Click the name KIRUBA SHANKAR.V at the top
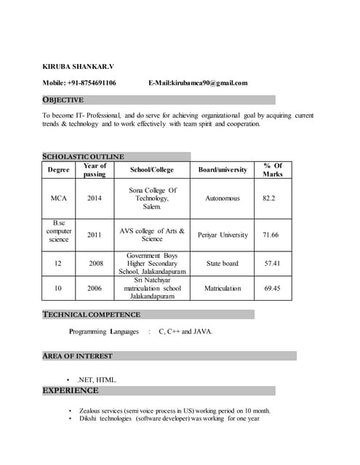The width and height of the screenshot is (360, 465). [x=78, y=66]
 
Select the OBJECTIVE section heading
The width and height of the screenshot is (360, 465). [x=63, y=100]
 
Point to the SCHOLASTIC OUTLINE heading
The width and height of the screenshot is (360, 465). [x=84, y=156]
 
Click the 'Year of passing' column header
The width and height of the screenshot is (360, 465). [x=95, y=170]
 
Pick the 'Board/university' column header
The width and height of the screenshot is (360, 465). [x=223, y=170]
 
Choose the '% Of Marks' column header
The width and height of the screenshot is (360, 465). [x=273, y=170]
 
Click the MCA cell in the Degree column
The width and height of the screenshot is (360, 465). [x=59, y=198]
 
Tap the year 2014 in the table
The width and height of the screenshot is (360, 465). [x=95, y=198]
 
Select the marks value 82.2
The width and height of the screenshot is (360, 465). [x=269, y=198]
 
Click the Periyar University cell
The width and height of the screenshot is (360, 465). [x=223, y=235]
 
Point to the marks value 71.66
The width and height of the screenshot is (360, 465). [x=271, y=235]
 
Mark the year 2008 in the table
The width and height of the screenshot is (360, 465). [x=95, y=263]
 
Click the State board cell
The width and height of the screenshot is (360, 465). [x=222, y=263]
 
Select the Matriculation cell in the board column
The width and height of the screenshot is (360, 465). [x=223, y=288]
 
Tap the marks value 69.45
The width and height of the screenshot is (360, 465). [x=272, y=288]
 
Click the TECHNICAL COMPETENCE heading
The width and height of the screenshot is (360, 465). [x=92, y=315]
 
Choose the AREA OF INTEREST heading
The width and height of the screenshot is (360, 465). [x=78, y=356]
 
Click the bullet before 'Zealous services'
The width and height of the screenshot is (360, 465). [x=70, y=411]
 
